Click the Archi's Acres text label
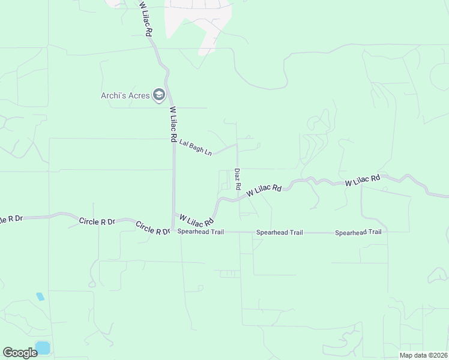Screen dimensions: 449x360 126,95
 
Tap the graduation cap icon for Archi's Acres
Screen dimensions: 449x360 159,95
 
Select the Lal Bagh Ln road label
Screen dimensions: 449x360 196,147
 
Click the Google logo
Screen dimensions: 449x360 20,352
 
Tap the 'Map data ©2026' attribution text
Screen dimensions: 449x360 423,355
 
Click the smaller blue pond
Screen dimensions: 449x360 40,296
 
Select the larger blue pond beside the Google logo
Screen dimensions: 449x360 43,347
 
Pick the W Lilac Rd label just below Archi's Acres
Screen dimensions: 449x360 173,125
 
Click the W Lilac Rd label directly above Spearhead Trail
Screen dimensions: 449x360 197,218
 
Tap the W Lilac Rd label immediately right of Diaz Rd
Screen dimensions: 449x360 264,190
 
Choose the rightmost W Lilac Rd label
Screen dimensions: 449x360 363,180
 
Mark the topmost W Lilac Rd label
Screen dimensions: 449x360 144,20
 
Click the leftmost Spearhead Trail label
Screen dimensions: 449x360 200,232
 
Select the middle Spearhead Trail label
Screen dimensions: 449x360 279,232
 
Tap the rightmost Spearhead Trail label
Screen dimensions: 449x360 358,232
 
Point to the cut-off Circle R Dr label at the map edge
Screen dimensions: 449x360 11,218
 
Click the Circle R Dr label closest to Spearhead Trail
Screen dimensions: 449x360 153,228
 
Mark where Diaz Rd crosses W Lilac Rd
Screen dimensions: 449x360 238,196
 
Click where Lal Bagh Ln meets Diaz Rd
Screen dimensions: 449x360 237,144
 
